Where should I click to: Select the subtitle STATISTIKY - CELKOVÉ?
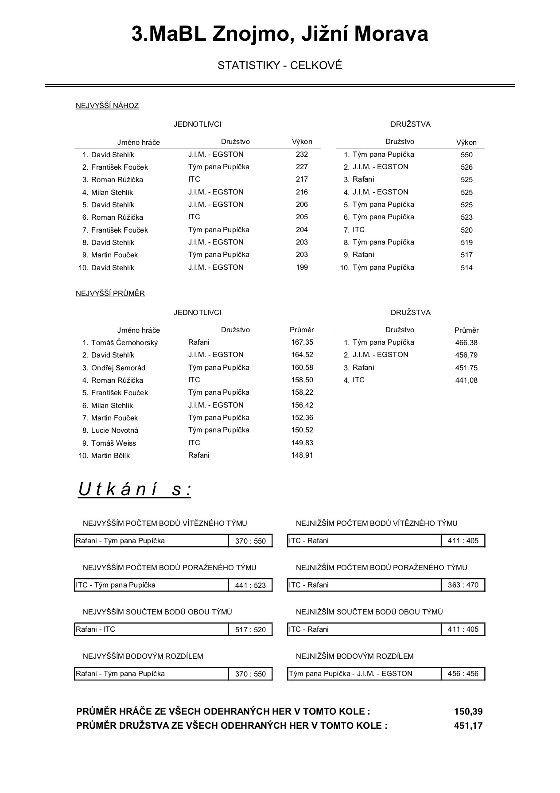280,66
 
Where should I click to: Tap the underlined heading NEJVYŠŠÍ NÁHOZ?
107,105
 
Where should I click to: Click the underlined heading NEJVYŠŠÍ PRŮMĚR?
110,293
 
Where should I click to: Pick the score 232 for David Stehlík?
302,154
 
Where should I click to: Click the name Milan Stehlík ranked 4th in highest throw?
112,192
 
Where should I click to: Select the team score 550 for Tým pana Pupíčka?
467,155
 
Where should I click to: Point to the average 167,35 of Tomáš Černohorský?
302,342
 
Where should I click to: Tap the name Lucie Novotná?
114,430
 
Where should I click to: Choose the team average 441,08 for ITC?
466,380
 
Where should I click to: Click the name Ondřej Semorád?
118,368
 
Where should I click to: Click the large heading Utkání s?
135,490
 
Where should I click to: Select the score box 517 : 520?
250,630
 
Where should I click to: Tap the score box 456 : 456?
463,673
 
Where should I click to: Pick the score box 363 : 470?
463,585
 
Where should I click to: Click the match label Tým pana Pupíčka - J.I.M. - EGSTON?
350,673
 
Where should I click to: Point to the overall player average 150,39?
468,711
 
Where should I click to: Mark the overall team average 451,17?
468,726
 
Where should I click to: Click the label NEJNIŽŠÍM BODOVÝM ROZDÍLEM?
354,656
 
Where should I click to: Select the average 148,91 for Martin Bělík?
302,455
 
